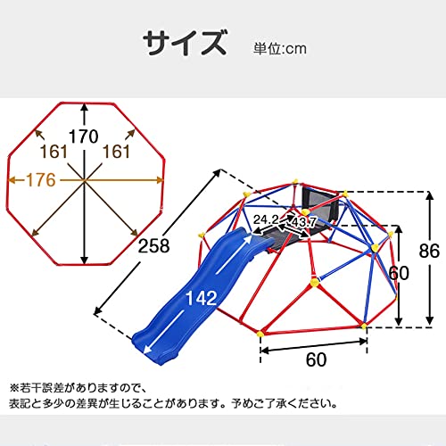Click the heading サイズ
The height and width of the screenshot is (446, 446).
(185, 43)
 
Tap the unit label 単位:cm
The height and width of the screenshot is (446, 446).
(280, 49)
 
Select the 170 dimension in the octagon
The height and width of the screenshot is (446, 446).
(84, 136)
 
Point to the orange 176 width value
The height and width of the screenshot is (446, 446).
(41, 180)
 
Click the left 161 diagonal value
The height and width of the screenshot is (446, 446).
(54, 152)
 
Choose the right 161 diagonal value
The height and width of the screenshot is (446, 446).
(116, 152)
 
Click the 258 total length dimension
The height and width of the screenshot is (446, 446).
(154, 246)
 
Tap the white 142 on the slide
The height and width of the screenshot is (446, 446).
(202, 298)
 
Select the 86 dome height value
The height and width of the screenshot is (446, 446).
(429, 251)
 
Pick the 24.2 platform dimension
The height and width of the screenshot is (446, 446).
(266, 219)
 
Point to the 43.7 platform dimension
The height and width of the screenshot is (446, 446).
(304, 222)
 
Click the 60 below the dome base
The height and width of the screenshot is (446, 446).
(317, 359)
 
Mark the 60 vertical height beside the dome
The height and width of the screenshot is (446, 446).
(399, 273)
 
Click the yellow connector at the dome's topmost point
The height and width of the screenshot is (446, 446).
(295, 181)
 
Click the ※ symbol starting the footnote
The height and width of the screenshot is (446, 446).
(14, 388)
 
